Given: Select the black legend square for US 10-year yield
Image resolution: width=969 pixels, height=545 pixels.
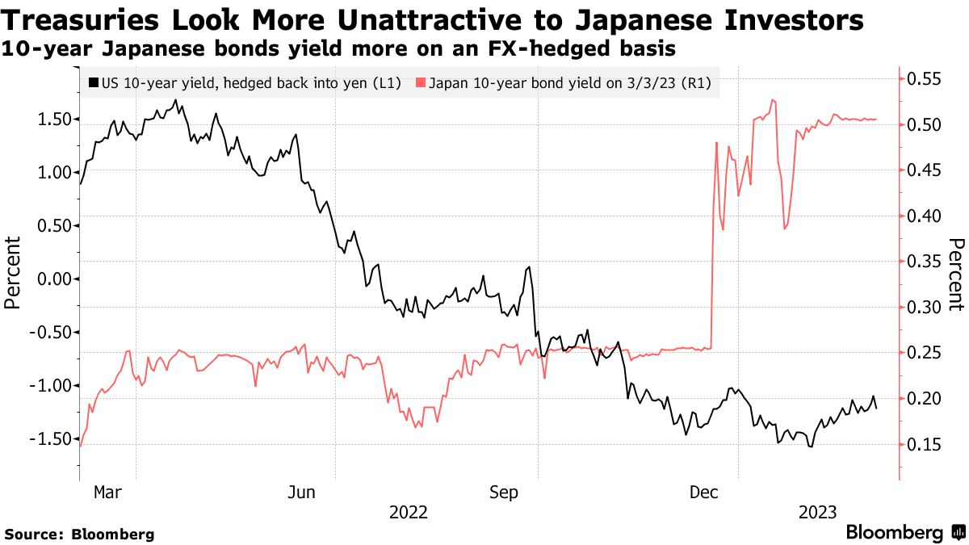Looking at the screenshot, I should [x=94, y=83].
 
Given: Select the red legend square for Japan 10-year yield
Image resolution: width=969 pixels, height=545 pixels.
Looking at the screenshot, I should [x=420, y=83].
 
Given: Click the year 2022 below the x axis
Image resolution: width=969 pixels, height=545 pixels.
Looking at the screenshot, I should [x=409, y=512].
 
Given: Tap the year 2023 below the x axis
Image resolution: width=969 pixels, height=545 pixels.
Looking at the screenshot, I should [x=817, y=512].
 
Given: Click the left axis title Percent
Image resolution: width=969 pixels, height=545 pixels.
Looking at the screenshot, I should [x=13, y=272].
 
